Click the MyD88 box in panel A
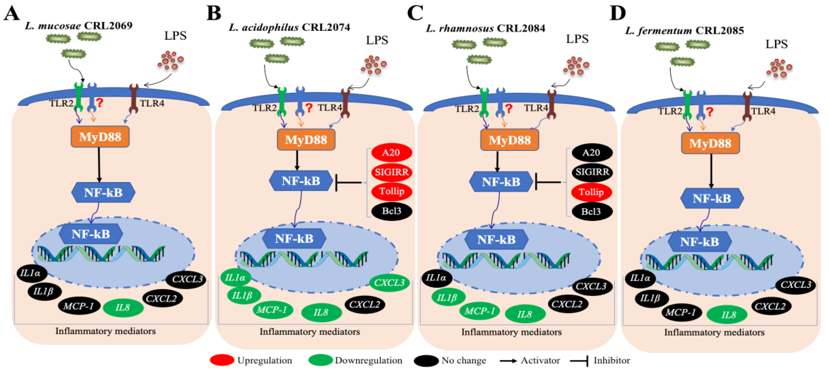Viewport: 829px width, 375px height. [100, 137]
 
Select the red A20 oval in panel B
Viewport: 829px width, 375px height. [391, 152]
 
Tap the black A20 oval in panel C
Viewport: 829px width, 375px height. [591, 152]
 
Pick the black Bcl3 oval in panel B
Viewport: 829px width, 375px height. [391, 211]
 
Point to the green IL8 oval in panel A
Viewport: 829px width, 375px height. [123, 308]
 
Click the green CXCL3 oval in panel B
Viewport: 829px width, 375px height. [389, 283]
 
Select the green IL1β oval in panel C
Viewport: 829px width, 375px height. [448, 297]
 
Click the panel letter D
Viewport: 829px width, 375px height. [617, 14]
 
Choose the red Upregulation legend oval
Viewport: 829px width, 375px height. [222, 360]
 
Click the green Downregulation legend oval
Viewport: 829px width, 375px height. [320, 360]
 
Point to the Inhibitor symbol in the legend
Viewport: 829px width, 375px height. [579, 360]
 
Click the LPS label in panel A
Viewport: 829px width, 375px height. [175, 35]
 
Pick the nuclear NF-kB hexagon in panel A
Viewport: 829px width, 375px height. [91, 234]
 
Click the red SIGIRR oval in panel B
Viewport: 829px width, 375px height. [391, 172]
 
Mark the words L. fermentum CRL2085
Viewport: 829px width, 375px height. [684, 31]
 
